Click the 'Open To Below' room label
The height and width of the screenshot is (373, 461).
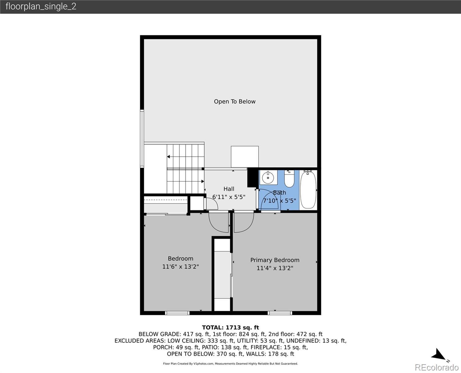click(x=235, y=102)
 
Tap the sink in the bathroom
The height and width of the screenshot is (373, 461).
click(x=268, y=177)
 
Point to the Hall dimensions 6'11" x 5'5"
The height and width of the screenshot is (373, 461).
click(x=229, y=197)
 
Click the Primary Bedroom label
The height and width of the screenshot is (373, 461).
click(x=275, y=260)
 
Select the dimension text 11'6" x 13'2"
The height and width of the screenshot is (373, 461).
click(x=180, y=266)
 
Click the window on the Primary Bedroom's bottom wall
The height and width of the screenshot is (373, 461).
click(x=280, y=313)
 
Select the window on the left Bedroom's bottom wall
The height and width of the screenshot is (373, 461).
click(x=177, y=313)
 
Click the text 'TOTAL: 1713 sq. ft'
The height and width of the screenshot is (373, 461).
click(x=230, y=328)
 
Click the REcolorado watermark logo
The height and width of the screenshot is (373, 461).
click(x=436, y=367)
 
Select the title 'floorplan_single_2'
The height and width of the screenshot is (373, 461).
click(x=41, y=7)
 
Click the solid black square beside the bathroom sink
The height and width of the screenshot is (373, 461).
click(x=253, y=177)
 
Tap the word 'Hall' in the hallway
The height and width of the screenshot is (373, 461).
click(x=229, y=189)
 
